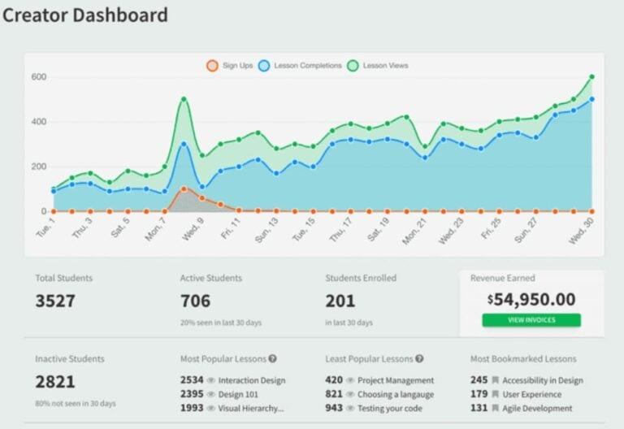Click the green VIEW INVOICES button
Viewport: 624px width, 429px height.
(531, 319)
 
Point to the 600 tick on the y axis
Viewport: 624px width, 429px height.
(39, 77)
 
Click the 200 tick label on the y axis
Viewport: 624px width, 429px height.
(39, 167)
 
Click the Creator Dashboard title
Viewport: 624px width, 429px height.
(85, 15)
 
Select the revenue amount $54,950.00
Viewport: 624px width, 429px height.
(531, 299)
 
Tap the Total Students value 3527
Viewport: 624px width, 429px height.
(55, 301)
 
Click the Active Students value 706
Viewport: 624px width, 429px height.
(195, 301)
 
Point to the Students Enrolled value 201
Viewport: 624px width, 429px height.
(340, 301)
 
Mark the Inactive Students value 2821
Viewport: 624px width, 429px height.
(55, 381)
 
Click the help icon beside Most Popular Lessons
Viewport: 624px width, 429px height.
(273, 358)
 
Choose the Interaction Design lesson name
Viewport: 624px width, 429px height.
(252, 380)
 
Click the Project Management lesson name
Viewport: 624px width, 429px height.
(396, 380)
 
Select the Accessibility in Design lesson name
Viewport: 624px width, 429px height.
(542, 380)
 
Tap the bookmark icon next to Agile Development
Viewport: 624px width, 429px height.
(495, 409)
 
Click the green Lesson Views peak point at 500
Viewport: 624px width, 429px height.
(184, 99)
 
